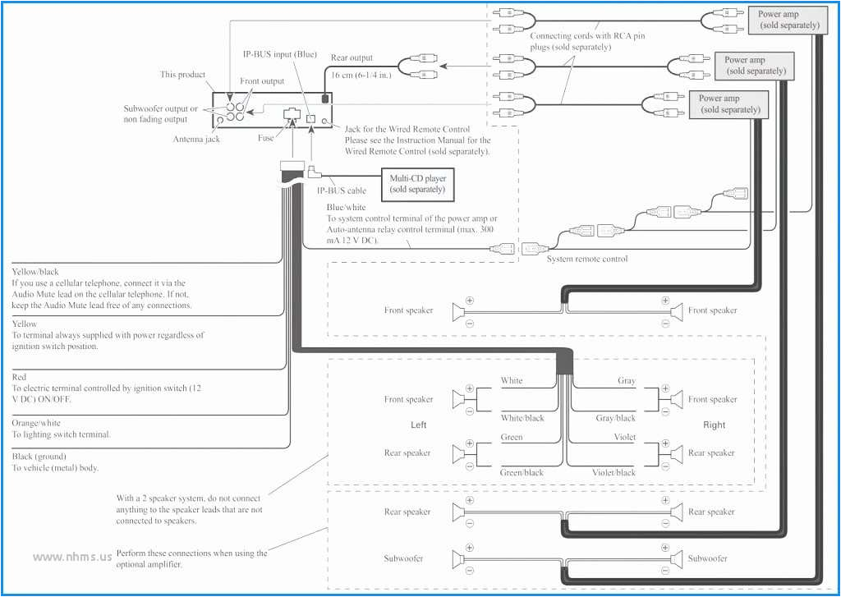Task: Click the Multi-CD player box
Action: tap(417, 183)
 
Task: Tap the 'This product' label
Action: tap(182, 75)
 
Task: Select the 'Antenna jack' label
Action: tap(196, 139)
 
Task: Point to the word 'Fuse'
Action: tap(266, 138)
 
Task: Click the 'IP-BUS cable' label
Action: tap(342, 191)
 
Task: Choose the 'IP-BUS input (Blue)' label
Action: tap(278, 53)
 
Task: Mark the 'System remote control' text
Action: tap(587, 259)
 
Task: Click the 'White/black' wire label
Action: tap(522, 418)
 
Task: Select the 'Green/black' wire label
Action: tap(522, 472)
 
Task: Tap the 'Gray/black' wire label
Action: tap(616, 418)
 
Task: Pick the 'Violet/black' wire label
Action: tap(614, 472)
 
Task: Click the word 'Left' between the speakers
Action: tap(419, 425)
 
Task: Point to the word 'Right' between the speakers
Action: tap(715, 425)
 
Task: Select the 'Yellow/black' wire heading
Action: tap(35, 272)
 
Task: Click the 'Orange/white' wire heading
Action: tap(35, 424)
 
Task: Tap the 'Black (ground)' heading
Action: tap(39, 456)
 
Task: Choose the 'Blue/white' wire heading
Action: tap(346, 208)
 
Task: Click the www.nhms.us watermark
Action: tap(71, 556)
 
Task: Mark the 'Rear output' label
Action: tap(352, 58)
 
